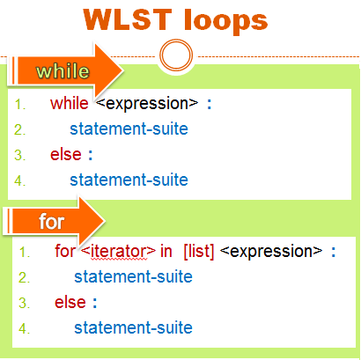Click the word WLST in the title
click(x=128, y=19)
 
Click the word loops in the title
click(x=226, y=22)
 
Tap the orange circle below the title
click(x=176, y=55)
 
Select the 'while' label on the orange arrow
click(x=63, y=71)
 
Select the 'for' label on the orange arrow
click(x=51, y=221)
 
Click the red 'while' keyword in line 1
click(x=70, y=103)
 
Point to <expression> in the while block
click(x=147, y=104)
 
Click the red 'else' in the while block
click(x=66, y=154)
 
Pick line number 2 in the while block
click(x=19, y=129)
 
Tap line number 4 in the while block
click(x=19, y=180)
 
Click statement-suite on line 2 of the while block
click(x=129, y=129)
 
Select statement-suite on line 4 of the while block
click(x=129, y=180)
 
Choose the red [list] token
click(x=199, y=251)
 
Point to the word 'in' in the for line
click(x=166, y=251)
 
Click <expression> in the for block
click(x=271, y=252)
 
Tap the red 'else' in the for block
click(x=70, y=302)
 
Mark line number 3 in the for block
click(x=25, y=303)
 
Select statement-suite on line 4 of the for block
click(x=134, y=327)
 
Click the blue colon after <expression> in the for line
click(x=333, y=252)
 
